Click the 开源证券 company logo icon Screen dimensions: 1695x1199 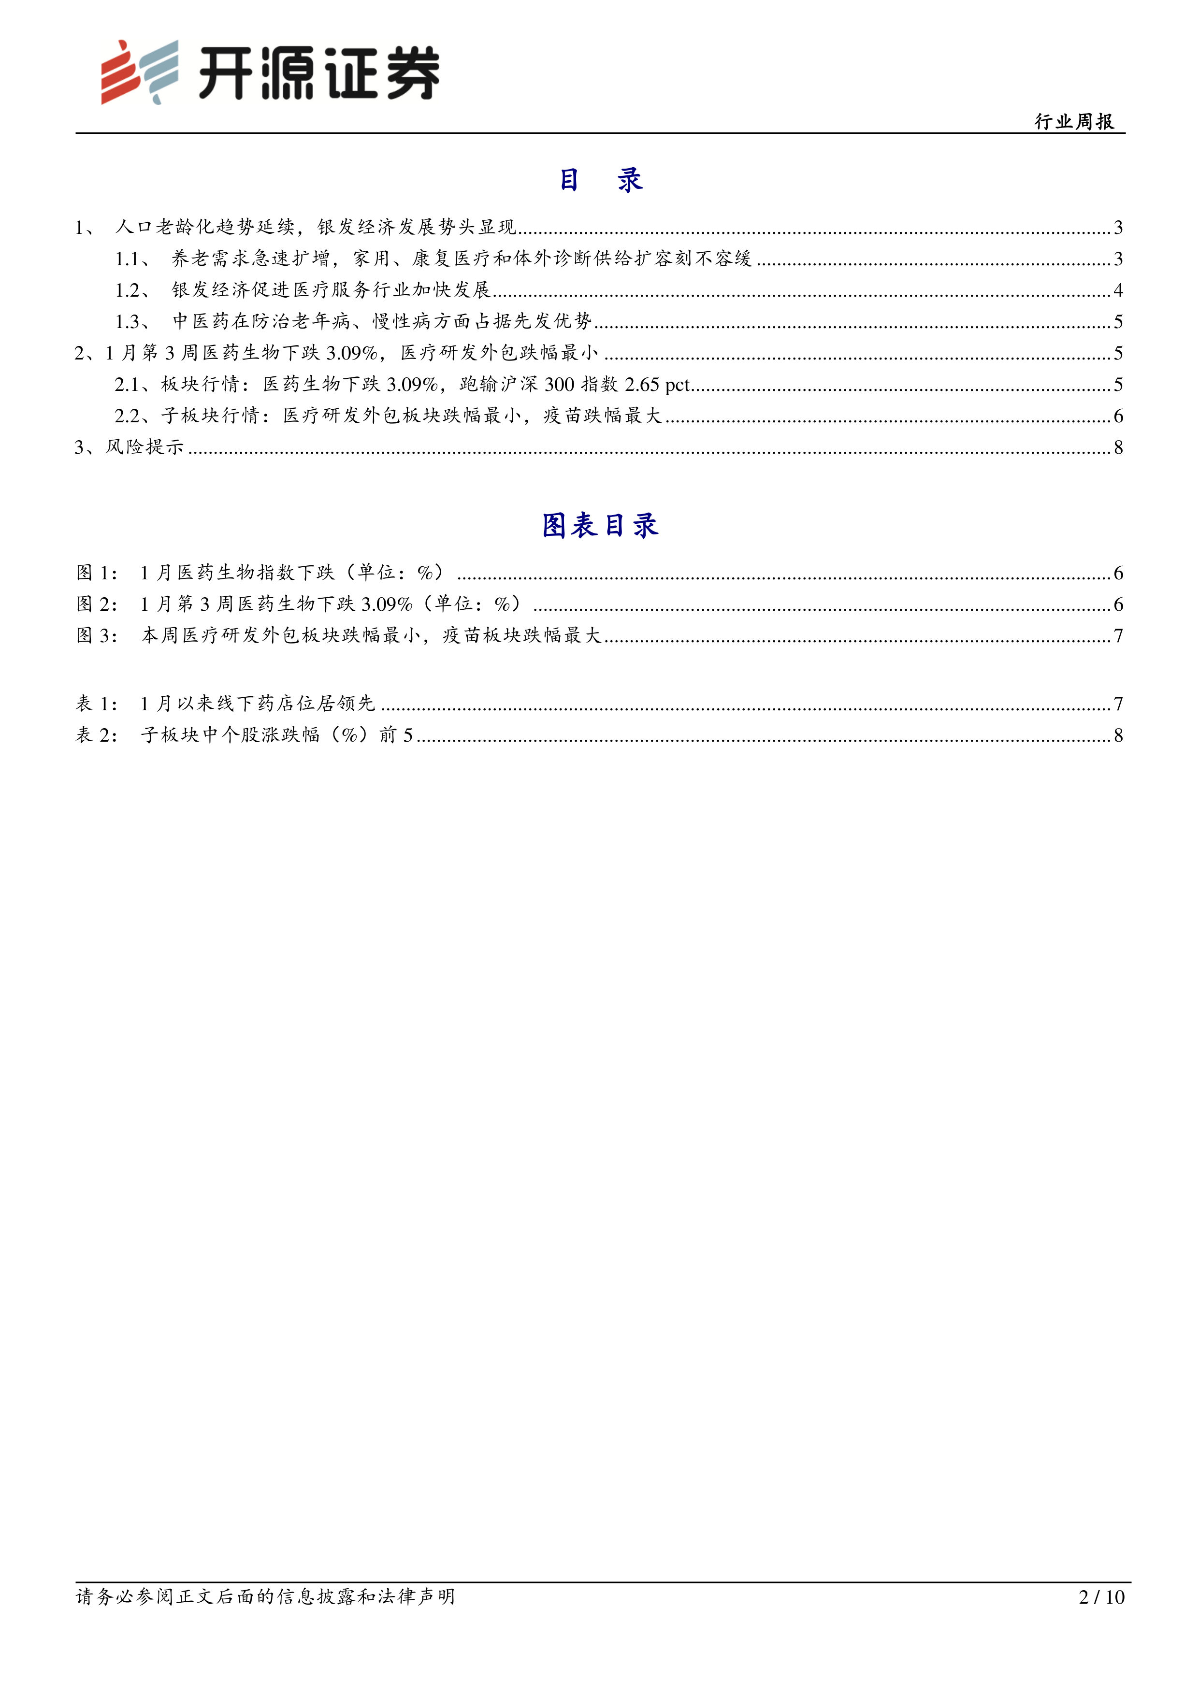coord(140,72)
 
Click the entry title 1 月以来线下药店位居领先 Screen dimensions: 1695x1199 coord(258,704)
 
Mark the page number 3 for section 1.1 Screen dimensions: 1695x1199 coord(1118,259)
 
